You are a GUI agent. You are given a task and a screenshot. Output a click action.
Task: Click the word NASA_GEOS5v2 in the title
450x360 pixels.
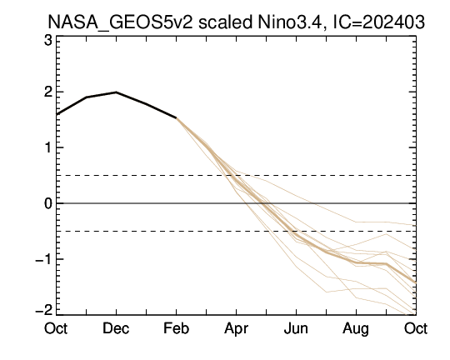pos(120,22)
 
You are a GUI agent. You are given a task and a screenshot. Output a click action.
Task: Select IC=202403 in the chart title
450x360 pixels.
pos(378,22)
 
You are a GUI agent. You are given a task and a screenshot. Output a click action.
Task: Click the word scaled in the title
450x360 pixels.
pos(225,22)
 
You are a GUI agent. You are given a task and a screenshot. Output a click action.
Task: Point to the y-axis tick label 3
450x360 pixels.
pos(48,41)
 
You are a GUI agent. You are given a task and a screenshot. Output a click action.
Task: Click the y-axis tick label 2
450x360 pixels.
pos(48,92)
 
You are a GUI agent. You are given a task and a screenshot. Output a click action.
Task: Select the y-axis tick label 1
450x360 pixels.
pos(48,147)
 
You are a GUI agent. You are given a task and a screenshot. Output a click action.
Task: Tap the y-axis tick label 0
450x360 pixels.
pos(48,203)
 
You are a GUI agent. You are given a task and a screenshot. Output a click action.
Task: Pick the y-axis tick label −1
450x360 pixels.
pos(44,260)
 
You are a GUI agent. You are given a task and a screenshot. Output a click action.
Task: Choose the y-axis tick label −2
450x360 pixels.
pos(44,310)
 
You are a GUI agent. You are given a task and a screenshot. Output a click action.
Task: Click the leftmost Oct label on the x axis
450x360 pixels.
pos(56,328)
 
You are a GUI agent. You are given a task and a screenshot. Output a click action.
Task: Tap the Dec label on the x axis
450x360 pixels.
pos(116,328)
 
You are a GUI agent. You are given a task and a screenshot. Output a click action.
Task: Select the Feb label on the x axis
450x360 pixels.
pos(176,328)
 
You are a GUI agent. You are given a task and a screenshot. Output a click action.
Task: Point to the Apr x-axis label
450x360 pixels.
pos(236,329)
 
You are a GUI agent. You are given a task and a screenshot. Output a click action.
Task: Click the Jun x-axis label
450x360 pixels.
pos(296,328)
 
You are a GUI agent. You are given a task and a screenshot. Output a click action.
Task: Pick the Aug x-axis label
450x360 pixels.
pos(356,329)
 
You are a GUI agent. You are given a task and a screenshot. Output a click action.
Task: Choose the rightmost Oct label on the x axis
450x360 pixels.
pos(416,328)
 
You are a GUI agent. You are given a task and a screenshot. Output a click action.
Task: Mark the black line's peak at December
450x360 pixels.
pos(116,92)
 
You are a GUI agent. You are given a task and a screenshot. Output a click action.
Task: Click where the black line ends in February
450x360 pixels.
pos(176,117)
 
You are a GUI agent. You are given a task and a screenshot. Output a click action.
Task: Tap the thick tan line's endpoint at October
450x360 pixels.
pos(416,283)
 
